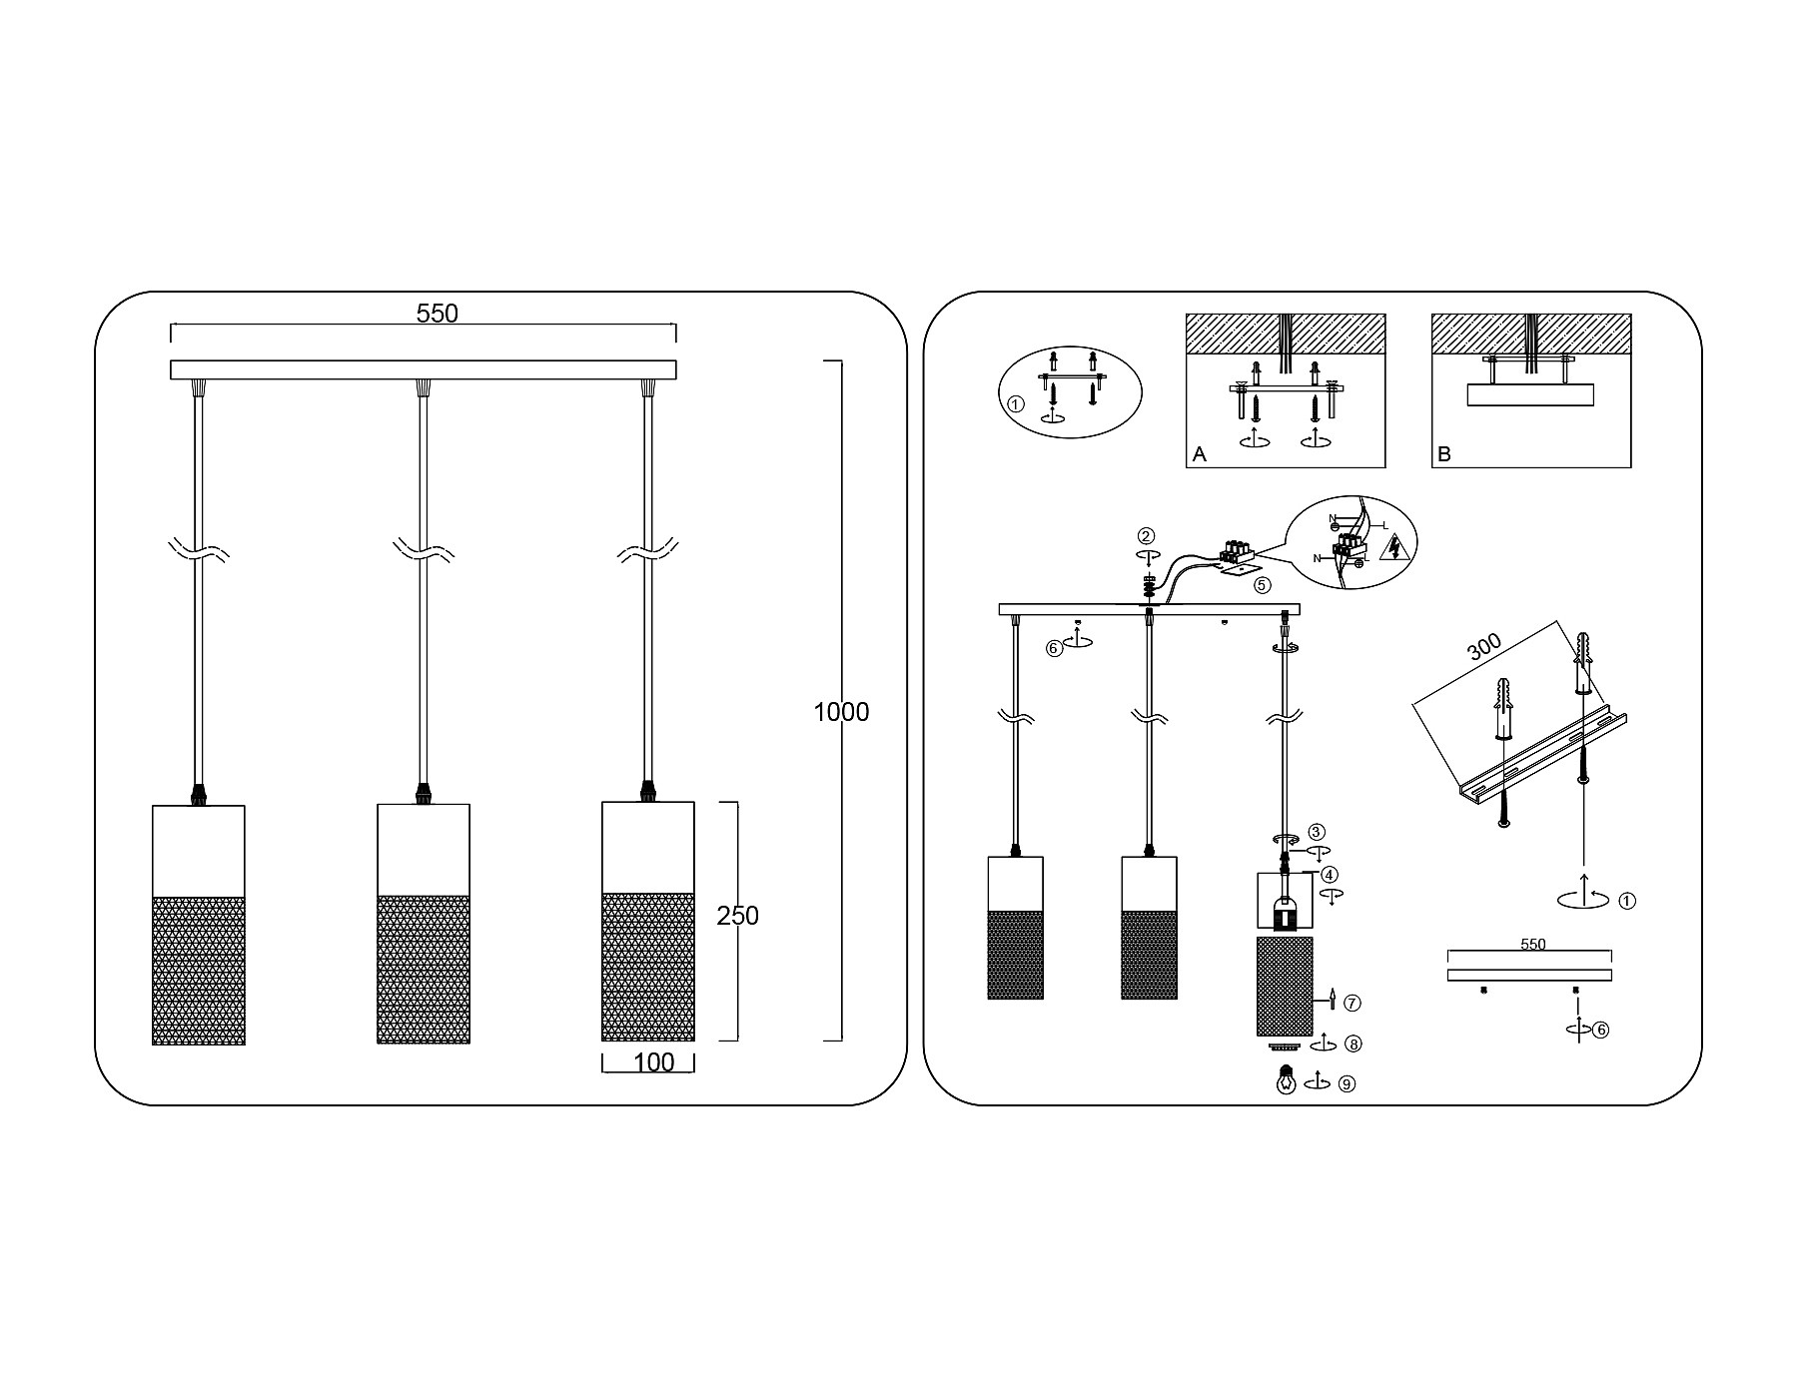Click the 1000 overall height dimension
coord(841,712)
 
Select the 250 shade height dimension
coord(737,916)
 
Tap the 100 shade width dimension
coord(654,1063)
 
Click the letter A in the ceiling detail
coord(1200,454)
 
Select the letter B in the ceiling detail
coord(1443,454)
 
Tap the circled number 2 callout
coord(1147,536)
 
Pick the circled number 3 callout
coord(1317,831)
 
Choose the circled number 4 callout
coord(1330,876)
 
